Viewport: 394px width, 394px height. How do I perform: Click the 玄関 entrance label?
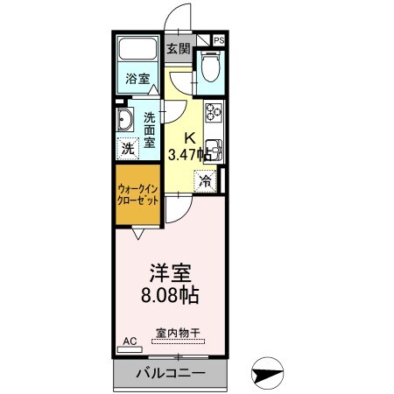coord(179,49)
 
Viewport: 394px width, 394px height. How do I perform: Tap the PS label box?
coord(218,40)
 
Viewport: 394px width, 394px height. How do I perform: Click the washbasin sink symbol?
coord(123,123)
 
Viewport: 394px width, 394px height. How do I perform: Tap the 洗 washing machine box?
coord(128,149)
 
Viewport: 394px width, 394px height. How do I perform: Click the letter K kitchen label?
coord(188,137)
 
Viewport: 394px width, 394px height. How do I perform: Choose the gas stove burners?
coord(214,115)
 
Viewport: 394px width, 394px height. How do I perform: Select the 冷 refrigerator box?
coord(205,182)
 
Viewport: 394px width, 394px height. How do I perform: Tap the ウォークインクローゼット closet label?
coord(137,193)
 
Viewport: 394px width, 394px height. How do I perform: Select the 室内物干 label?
coord(178,334)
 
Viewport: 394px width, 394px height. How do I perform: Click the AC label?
coord(130,342)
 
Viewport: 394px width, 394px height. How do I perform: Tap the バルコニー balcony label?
coord(171,374)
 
